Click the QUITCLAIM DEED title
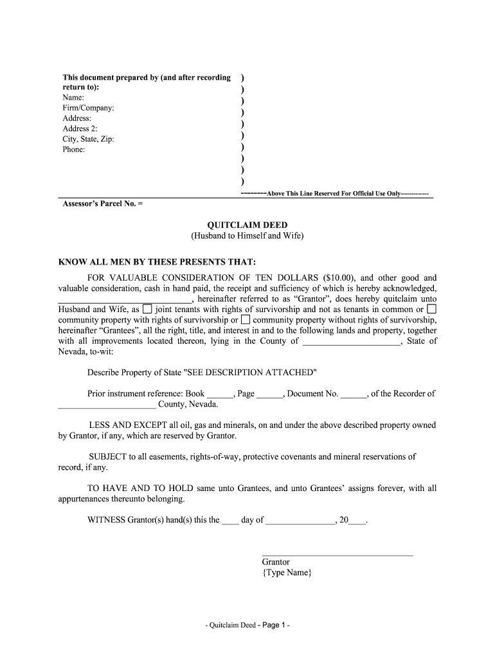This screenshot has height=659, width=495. pyautogui.click(x=247, y=225)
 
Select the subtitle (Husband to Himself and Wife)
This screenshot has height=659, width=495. pyautogui.click(x=247, y=236)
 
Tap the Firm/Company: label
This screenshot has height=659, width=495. pyautogui.click(x=88, y=108)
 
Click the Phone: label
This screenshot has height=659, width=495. pyautogui.click(x=73, y=149)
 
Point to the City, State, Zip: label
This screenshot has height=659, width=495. pyautogui.click(x=88, y=139)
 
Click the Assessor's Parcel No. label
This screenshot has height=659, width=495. pyautogui.click(x=103, y=204)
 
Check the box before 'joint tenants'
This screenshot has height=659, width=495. pyautogui.click(x=147, y=310)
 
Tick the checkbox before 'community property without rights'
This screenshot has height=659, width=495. pyautogui.click(x=246, y=320)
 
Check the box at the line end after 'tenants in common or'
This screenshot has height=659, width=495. pyautogui.click(x=431, y=310)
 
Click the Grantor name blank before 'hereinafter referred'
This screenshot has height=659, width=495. pyautogui.click(x=124, y=299)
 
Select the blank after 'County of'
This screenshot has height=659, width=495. pyautogui.click(x=351, y=342)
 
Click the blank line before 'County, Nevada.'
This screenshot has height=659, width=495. pyautogui.click(x=107, y=405)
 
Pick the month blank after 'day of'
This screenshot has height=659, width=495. pyautogui.click(x=300, y=521)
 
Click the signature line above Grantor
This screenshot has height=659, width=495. pyautogui.click(x=337, y=554)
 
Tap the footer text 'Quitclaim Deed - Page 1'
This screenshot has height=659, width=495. pyautogui.click(x=248, y=626)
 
